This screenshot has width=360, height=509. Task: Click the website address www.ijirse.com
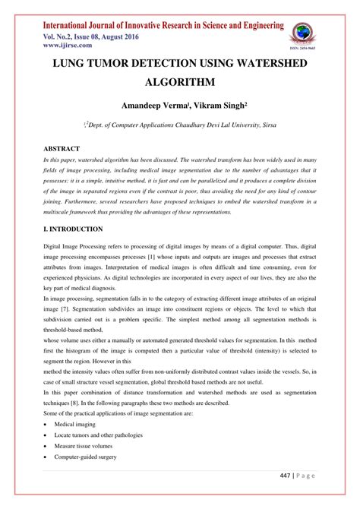pyautogui.click(x=58, y=45)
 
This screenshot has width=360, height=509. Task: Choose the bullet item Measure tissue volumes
pyautogui.click(x=84, y=447)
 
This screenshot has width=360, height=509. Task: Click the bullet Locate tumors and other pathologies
pyautogui.click(x=98, y=435)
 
